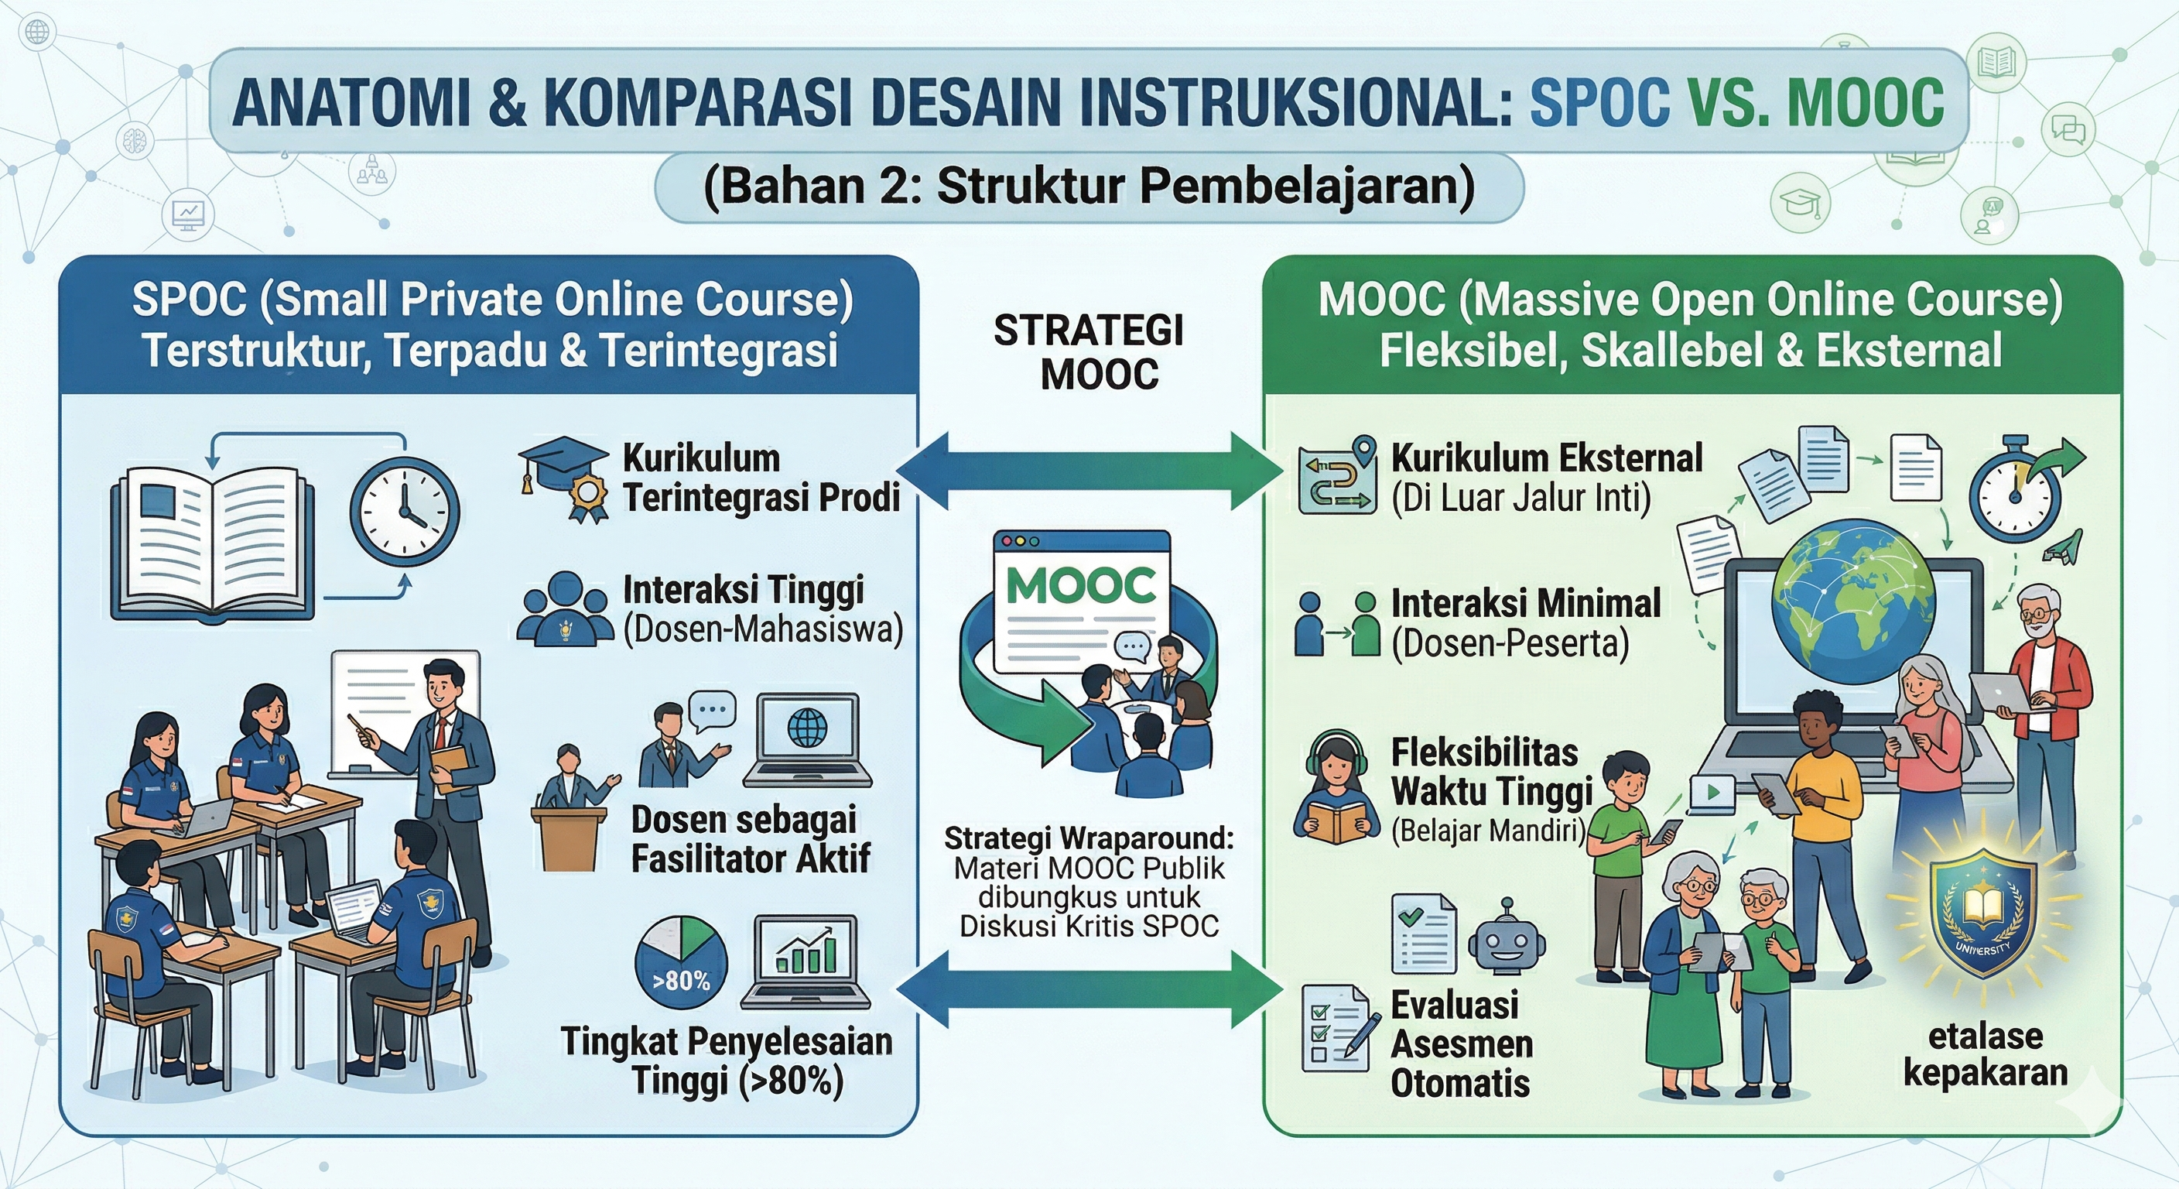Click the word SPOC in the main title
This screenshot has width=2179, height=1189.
pyautogui.click(x=1599, y=101)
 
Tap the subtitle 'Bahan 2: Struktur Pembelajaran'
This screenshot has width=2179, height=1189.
pyautogui.click(x=1089, y=187)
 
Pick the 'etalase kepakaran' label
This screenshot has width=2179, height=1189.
pyautogui.click(x=1986, y=1054)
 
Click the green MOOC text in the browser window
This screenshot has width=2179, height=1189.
pyautogui.click(x=1081, y=587)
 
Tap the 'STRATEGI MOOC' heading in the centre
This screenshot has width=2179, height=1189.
pyautogui.click(x=1089, y=352)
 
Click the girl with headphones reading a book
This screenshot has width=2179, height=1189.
pyautogui.click(x=1335, y=788)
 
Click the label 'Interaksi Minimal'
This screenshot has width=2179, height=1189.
pyautogui.click(x=1526, y=603)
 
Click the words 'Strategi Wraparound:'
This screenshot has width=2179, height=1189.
pyautogui.click(x=1089, y=838)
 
